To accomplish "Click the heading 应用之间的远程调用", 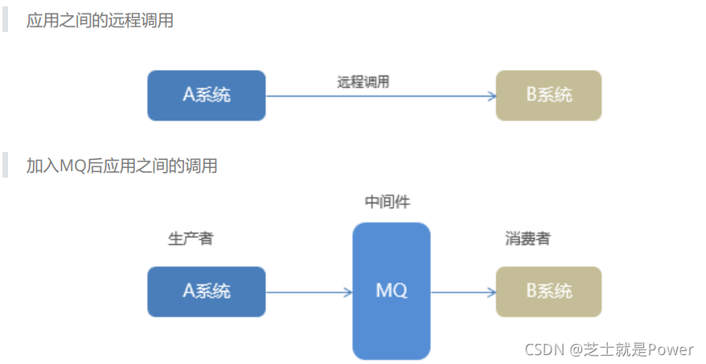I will (100, 21).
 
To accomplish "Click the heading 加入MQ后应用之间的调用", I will (122, 166).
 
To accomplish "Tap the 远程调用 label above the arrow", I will (363, 81).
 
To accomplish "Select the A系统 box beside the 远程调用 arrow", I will (207, 95).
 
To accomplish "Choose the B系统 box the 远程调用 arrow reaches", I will (548, 95).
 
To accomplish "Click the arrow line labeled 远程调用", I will (378, 96).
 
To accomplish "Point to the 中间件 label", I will (388, 202).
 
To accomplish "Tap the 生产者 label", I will (191, 239).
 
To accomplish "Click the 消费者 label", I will (527, 239).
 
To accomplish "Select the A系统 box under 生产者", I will (207, 291).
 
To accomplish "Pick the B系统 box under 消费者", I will (548, 291).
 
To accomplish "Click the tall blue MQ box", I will (392, 291).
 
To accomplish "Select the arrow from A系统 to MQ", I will (308, 292).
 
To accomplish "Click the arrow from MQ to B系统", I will (463, 292).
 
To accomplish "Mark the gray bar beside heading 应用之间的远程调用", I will (6, 21).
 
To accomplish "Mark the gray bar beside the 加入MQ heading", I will (6, 166).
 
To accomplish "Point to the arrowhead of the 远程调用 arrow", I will (491, 96).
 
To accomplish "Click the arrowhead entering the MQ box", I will (348, 292).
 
